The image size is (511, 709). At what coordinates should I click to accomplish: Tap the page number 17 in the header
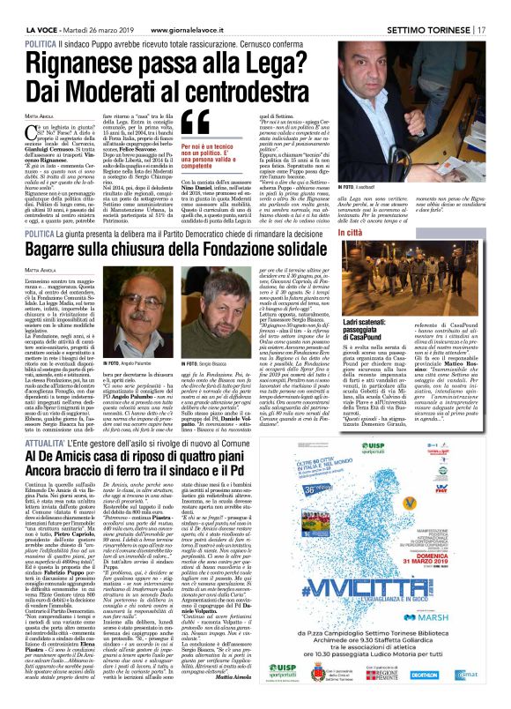coord(483,7)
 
